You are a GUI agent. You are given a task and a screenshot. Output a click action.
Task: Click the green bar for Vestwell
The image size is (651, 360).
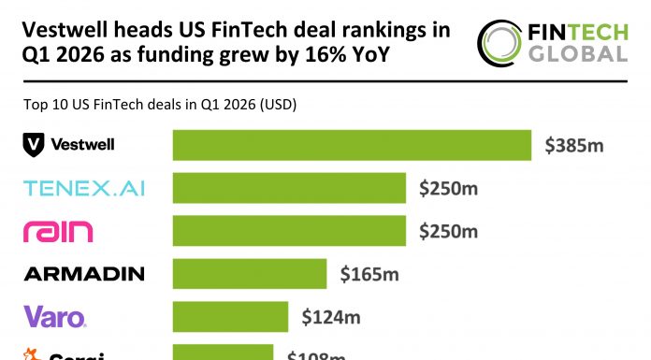[x=353, y=145]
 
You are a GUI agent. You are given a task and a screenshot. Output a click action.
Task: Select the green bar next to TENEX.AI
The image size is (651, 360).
[x=289, y=189]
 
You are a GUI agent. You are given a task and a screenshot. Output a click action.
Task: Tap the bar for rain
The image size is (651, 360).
[x=289, y=231]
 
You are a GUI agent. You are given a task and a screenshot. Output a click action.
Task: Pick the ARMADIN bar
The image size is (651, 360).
[x=250, y=274]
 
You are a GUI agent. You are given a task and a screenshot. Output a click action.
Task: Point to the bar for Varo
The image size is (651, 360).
[x=230, y=317]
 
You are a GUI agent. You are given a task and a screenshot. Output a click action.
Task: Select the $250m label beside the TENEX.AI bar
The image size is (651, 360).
[x=448, y=189]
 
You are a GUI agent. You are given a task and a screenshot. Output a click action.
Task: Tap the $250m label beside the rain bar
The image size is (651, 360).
[x=448, y=231]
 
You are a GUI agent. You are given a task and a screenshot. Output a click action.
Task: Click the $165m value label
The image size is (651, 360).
[x=369, y=274]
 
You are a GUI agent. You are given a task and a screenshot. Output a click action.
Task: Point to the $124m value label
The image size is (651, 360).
[x=330, y=317]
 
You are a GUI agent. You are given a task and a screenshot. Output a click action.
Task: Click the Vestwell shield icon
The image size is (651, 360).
[x=34, y=145]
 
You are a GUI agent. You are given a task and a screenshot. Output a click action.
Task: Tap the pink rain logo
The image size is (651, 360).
[x=57, y=231]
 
